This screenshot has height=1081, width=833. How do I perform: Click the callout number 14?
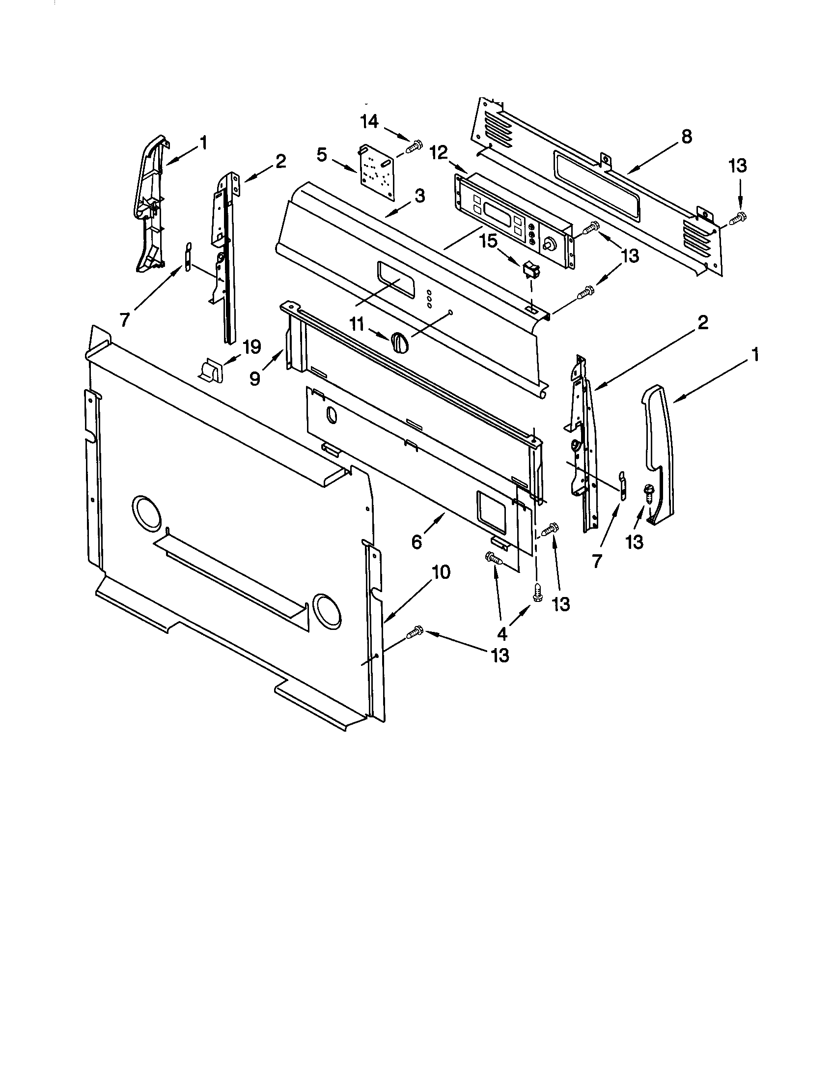pos(368,121)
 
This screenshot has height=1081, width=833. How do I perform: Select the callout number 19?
pos(251,347)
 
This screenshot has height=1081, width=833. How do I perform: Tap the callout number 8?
pos(686,137)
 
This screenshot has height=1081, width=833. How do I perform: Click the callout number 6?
pos(416,542)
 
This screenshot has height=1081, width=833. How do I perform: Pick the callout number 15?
pos(489,241)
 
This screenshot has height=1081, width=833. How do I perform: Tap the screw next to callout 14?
pos(414,146)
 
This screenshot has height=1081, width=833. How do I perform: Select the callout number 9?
pos(255,379)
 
